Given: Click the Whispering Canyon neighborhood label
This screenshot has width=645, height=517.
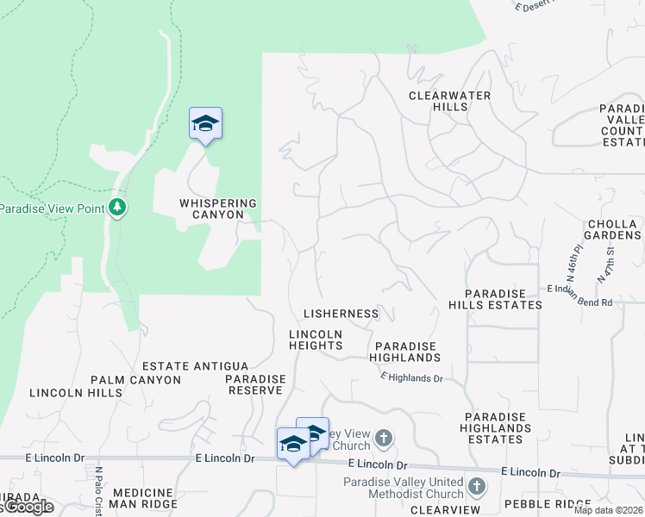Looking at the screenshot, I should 218,209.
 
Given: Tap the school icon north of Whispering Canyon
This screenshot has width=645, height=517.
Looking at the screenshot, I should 206,124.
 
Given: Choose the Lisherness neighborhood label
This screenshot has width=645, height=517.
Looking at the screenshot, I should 341,314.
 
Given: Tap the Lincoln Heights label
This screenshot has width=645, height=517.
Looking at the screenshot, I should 316,339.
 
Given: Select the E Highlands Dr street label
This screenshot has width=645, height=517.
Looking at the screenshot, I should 411,377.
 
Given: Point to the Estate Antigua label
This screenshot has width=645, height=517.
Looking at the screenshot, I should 195,367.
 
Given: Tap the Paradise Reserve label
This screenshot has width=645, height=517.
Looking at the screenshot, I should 255,384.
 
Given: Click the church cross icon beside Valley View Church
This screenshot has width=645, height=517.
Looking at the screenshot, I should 384,439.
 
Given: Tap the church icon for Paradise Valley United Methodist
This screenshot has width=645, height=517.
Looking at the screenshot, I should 477,489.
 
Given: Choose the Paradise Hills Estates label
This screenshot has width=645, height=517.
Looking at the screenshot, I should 495,299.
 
